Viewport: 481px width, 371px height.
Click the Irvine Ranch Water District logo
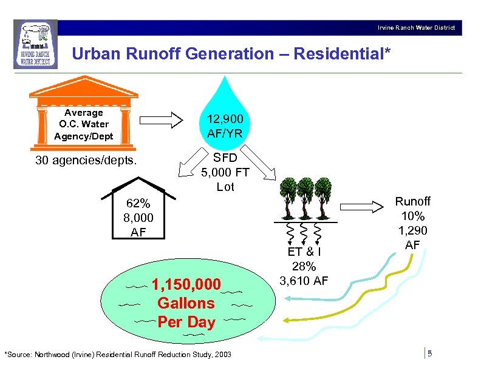click(36, 44)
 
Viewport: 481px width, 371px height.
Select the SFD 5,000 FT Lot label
click(225, 172)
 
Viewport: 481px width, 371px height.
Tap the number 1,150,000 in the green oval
click(186, 284)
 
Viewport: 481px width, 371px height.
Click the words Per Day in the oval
click(186, 322)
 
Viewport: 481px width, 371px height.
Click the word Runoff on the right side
click(412, 201)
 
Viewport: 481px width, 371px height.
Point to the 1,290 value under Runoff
click(412, 230)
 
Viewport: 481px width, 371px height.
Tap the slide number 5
click(429, 353)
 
